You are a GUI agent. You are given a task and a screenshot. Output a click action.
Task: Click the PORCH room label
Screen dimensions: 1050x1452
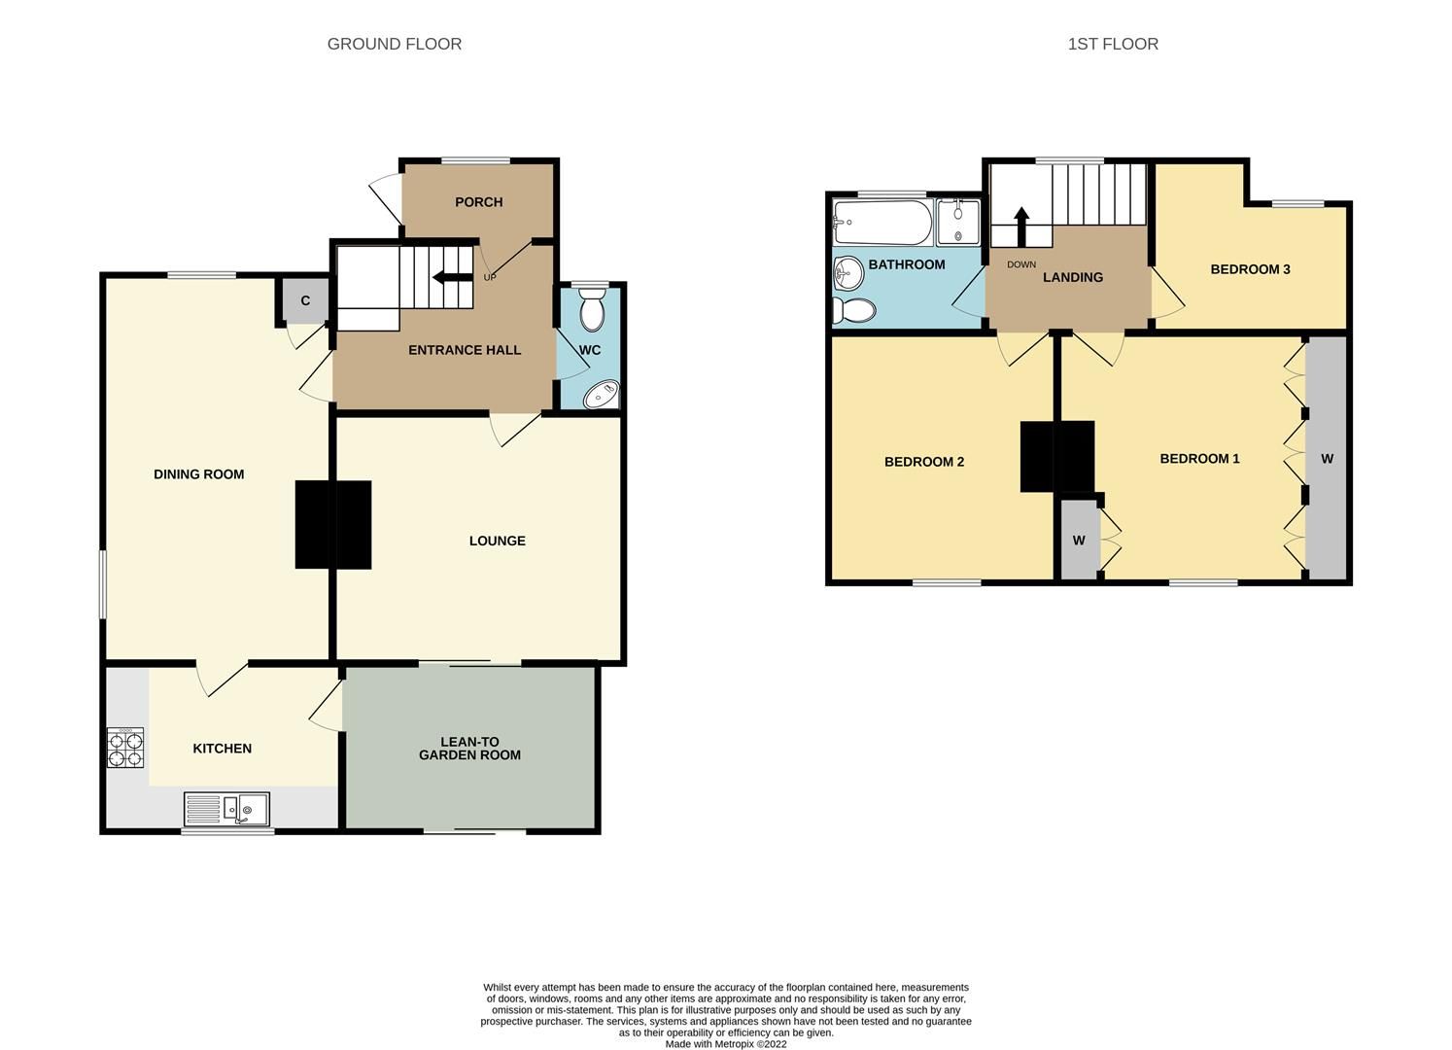click(479, 202)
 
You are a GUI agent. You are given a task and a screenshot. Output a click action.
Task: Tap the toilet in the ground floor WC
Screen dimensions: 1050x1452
click(591, 311)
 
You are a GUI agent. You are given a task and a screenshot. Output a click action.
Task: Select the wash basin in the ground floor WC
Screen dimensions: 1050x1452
click(602, 395)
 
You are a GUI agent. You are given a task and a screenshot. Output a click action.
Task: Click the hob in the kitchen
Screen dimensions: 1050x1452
click(125, 748)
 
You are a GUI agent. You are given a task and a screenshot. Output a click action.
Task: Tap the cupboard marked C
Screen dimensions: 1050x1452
click(305, 301)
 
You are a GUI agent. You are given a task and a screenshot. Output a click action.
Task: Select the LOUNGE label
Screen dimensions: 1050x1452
click(497, 541)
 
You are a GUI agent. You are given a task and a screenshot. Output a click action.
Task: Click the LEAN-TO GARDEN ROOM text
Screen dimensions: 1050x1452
click(469, 749)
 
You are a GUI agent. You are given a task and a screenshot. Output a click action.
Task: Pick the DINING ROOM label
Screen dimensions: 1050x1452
click(198, 474)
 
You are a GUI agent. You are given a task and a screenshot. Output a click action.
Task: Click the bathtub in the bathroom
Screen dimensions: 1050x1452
click(882, 222)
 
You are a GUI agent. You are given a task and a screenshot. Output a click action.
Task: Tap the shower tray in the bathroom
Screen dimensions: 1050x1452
click(958, 222)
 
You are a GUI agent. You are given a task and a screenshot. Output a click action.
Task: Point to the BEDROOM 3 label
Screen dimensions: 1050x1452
click(1250, 269)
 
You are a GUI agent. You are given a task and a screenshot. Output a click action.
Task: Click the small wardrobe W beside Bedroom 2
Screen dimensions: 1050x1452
click(1079, 541)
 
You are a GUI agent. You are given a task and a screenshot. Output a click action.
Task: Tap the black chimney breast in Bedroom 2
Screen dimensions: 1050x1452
click(1037, 456)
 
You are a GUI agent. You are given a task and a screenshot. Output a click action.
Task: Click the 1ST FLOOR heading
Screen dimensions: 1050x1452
click(1113, 44)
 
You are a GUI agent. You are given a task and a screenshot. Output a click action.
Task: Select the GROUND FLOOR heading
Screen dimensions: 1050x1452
click(394, 44)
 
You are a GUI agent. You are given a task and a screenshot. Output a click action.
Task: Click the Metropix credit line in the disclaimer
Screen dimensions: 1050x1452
click(726, 1044)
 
